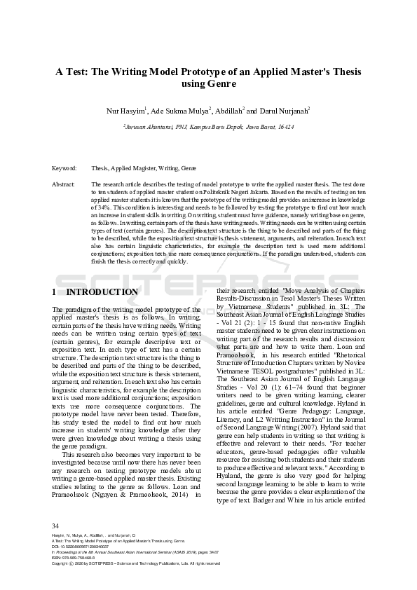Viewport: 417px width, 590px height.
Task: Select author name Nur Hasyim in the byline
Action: pyautogui.click(x=125, y=111)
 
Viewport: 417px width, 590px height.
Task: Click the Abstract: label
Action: pyautogui.click(x=64, y=184)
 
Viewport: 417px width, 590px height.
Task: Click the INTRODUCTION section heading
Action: pyautogui.click(x=106, y=291)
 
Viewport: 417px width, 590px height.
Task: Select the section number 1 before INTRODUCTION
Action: pyautogui.click(x=55, y=291)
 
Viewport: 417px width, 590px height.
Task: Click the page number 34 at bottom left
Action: pyautogui.click(x=56, y=526)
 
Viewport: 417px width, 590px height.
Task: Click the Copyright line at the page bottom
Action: pyautogui.click(x=136, y=563)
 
